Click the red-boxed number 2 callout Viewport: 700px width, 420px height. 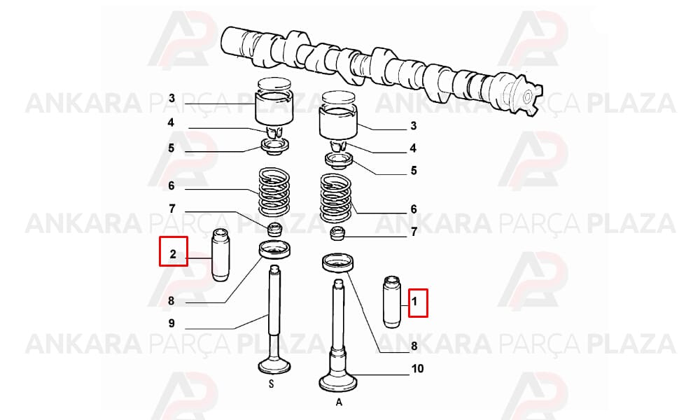[x=174, y=251]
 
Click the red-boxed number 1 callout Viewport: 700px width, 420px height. [x=419, y=302]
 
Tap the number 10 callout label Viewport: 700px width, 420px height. [x=417, y=369]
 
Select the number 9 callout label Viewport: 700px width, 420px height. [x=171, y=323]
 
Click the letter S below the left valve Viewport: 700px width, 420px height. [x=271, y=384]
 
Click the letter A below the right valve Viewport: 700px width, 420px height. [x=339, y=402]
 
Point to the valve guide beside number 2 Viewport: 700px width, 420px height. [x=220, y=255]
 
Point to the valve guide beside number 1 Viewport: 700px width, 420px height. [x=392, y=302]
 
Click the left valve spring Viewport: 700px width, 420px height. [x=274, y=192]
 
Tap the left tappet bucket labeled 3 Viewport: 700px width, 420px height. [x=274, y=101]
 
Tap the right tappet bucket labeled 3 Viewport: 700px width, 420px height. [x=338, y=115]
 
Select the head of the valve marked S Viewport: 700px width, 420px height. [x=274, y=365]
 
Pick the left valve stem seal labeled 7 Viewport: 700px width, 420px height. [x=274, y=229]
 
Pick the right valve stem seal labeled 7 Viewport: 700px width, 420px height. [x=338, y=233]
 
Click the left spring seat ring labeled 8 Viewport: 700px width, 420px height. [x=275, y=249]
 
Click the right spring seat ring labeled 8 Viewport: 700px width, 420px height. [x=338, y=263]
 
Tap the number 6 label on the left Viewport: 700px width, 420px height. [x=171, y=185]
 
